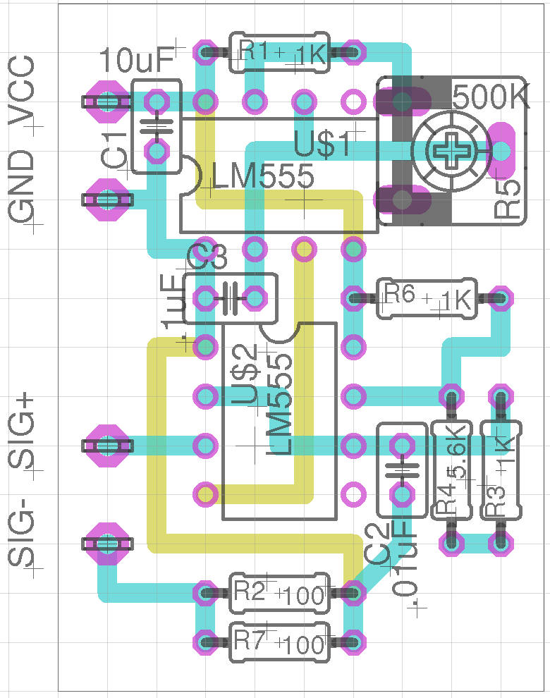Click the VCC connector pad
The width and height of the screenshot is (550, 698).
pos(107,102)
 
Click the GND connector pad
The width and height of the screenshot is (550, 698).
pos(107,200)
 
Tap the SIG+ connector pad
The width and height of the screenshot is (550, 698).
pos(107,446)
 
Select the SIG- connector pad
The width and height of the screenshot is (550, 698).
pos(107,544)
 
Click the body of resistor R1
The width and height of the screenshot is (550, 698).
pos(279,53)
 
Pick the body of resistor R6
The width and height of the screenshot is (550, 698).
pos(426,298)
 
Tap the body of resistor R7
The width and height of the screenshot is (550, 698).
pos(279,642)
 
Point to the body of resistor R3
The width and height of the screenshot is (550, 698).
pos(500,470)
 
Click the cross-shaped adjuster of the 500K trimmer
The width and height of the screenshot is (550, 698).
pos(451,150)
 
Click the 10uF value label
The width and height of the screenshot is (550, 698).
pos(136,61)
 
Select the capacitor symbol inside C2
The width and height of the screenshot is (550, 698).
pos(402,470)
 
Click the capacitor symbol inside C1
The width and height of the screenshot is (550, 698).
pos(157,127)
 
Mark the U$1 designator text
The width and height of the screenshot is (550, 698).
pos(322,145)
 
